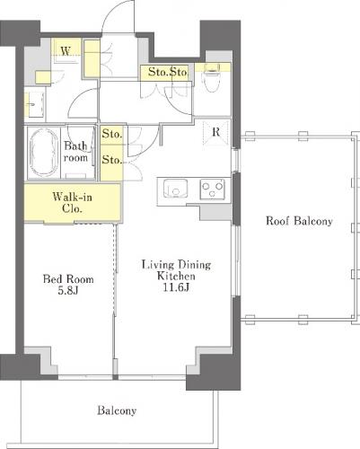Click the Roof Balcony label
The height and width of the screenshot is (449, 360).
(299, 221)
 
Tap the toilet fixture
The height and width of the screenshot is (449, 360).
(212, 78)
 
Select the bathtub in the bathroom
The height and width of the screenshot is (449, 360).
(44, 153)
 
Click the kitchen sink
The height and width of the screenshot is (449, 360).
(175, 189)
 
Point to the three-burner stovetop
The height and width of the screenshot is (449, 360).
(212, 189)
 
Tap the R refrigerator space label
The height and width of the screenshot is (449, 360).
(216, 132)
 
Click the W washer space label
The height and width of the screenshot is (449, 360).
(66, 51)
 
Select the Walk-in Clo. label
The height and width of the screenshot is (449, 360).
(72, 202)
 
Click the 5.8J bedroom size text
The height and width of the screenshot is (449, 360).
(68, 290)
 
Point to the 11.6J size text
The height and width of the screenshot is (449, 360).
(176, 287)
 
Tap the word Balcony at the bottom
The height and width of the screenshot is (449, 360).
(117, 410)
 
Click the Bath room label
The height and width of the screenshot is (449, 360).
(76, 152)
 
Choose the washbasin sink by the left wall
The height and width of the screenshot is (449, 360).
(34, 104)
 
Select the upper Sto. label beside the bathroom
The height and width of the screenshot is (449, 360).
(112, 134)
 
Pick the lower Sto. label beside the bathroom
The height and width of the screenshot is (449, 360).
(112, 160)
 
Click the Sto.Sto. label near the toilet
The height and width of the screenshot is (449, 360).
(168, 72)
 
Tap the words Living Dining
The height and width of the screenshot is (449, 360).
(176, 265)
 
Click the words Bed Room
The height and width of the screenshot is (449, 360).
(68, 279)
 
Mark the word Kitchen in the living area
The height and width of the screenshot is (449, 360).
(176, 276)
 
